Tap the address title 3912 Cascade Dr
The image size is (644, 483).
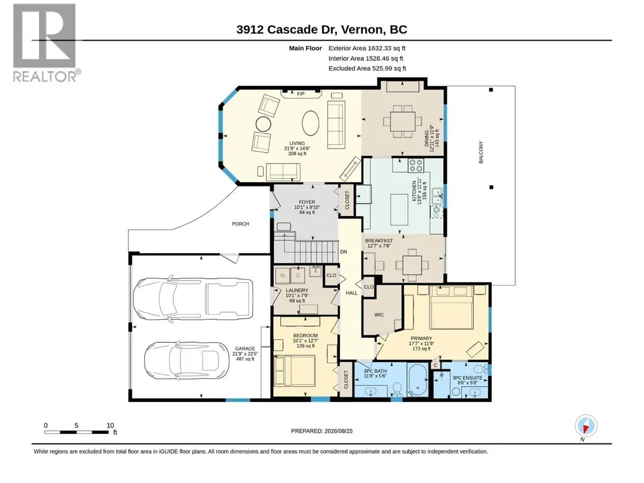coord(287,30)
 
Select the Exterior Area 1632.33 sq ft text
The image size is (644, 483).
coord(367,48)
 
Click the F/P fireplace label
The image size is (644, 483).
coord(301,94)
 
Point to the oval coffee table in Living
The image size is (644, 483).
coord(310,123)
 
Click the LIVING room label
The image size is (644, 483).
coord(297,143)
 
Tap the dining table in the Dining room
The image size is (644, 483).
coord(403,121)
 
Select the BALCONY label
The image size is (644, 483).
coord(481,153)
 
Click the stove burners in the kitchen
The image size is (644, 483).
coord(416,166)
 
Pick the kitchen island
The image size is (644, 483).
coord(399,209)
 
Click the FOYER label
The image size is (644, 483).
coord(307,202)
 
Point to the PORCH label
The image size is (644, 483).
coord(240,224)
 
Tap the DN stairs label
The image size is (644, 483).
coord(344,252)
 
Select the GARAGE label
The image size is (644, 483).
coord(245,349)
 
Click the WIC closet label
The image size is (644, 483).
coord(379,315)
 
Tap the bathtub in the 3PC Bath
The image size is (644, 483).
coord(418,379)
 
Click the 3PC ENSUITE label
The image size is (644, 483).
coord(467,378)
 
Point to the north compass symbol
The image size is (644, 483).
coord(586,426)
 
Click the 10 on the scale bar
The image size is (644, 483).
coord(110,425)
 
